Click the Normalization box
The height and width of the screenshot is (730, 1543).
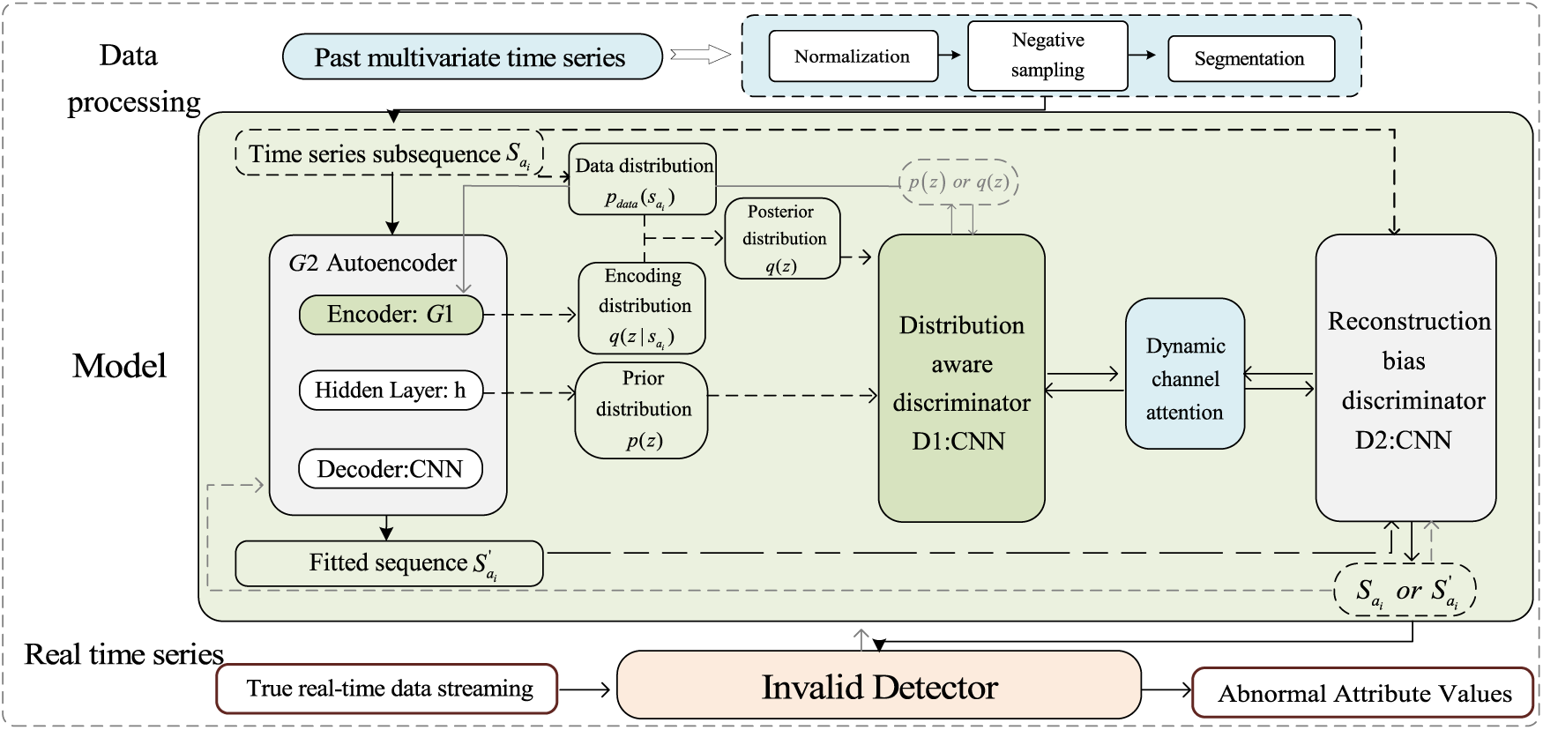click(853, 56)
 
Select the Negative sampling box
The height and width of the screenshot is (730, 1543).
click(1047, 56)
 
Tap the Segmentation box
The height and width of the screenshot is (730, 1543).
click(1250, 59)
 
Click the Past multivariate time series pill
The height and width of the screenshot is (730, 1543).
click(472, 57)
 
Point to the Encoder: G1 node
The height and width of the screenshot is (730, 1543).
click(391, 315)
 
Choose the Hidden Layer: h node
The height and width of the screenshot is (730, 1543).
click(391, 391)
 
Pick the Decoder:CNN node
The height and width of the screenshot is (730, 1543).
click(391, 469)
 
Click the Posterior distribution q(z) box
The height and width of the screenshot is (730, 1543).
click(782, 238)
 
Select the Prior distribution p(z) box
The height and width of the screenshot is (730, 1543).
click(642, 410)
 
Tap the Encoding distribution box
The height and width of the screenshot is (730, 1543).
click(642, 308)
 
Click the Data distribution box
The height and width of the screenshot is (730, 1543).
click(643, 180)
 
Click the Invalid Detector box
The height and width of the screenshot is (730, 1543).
click(879, 687)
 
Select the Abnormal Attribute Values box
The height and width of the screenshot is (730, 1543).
click(1363, 693)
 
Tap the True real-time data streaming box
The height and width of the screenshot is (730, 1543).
click(388, 689)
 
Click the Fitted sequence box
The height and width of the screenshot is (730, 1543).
click(389, 563)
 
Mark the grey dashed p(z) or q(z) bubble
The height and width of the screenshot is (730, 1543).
click(958, 182)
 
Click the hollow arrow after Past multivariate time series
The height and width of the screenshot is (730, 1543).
click(701, 56)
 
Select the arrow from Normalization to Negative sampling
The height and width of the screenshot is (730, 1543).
click(951, 55)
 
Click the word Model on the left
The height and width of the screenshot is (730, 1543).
click(119, 366)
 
